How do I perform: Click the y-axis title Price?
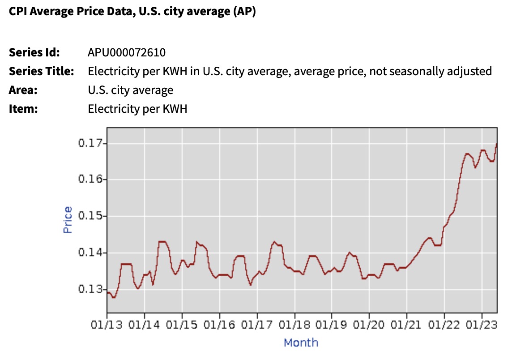click(68, 219)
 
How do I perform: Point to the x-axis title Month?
click(301, 343)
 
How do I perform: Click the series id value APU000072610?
click(127, 53)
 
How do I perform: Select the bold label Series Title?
click(42, 71)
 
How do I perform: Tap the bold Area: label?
click(23, 90)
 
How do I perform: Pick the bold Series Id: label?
click(34, 53)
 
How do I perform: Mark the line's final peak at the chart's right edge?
click(496, 144)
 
